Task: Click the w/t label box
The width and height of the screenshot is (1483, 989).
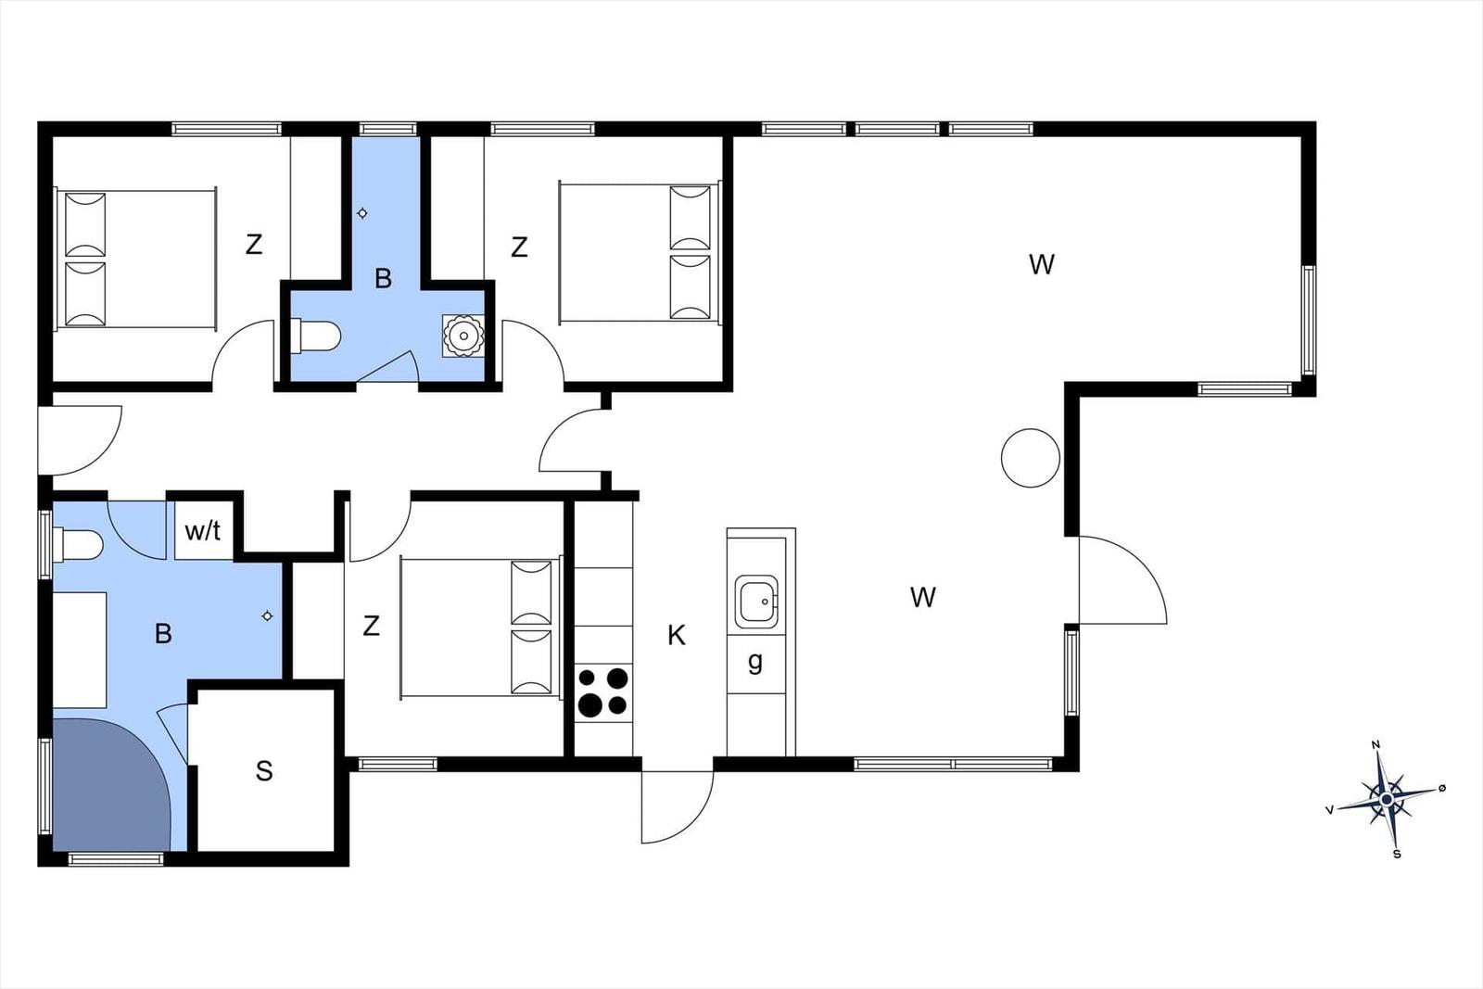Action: click(x=204, y=531)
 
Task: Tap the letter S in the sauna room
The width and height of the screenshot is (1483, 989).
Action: click(x=264, y=771)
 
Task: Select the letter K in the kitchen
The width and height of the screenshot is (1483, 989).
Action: click(x=676, y=636)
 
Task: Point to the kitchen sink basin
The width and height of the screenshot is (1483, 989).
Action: click(x=756, y=601)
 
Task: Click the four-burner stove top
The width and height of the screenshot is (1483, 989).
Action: click(x=603, y=693)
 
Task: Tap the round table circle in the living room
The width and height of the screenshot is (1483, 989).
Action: click(x=1030, y=458)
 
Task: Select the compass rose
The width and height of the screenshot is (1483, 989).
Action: click(x=1387, y=800)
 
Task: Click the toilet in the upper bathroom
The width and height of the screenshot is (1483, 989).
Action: click(x=315, y=336)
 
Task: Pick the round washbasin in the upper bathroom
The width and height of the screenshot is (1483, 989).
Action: click(x=463, y=336)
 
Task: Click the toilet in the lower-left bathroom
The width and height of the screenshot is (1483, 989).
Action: click(x=78, y=545)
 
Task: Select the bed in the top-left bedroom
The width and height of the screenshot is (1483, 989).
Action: click(x=136, y=259)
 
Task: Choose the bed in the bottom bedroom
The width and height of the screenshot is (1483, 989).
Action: click(x=481, y=628)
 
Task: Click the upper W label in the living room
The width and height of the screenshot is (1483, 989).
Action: click(x=1042, y=265)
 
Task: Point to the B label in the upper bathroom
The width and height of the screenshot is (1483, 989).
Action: click(x=383, y=279)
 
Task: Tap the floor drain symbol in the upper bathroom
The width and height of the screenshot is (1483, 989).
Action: click(x=362, y=213)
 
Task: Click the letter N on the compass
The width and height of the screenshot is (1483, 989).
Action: click(x=1375, y=744)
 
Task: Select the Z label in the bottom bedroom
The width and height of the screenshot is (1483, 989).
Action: click(x=372, y=626)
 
